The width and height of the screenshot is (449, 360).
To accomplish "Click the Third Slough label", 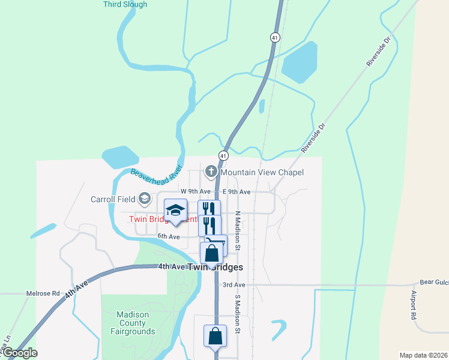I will coord(125,4).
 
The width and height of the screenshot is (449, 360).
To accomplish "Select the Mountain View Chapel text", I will coord(262,172).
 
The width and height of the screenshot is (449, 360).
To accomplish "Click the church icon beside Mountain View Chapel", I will coord(211,172).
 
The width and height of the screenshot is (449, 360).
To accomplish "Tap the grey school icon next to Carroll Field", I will coord(144,198).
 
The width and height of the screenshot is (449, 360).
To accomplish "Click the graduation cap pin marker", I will coord(175,211).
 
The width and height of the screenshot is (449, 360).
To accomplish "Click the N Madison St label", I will coord(238,230).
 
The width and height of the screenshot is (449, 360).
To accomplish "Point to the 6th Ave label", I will coord(169,236).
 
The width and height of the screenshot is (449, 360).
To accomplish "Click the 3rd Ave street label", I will coord(234,284).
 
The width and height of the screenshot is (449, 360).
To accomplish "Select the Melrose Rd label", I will coord(43,293).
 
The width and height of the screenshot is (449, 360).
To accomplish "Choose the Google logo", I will coord(20,353).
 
